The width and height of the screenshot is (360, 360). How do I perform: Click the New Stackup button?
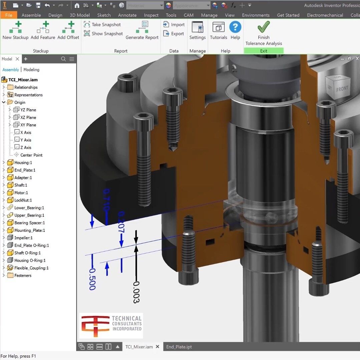tap(15, 30)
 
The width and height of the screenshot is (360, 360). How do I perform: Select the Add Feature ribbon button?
tap(43, 30)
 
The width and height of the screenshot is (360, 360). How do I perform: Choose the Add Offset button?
tap(68, 30)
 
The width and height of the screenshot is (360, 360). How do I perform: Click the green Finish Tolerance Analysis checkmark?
tap(264, 27)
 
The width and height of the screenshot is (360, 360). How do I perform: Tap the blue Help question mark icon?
tap(235, 27)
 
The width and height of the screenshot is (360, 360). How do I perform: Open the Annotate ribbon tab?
tap(127, 15)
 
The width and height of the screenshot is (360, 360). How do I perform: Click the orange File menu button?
tap(9, 15)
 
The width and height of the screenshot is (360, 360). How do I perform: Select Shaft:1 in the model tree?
tap(21, 185)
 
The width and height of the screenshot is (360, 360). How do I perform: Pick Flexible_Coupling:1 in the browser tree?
tap(31, 268)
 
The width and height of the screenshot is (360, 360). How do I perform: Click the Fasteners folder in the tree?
tap(23, 276)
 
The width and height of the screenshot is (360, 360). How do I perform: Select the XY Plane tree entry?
tap(28, 125)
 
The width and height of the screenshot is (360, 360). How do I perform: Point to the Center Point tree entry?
tap(31, 155)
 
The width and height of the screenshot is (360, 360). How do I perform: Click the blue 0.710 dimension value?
tap(106, 200)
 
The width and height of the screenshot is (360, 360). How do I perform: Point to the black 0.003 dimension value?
tap(136, 292)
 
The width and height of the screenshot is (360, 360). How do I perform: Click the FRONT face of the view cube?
tap(342, 89)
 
